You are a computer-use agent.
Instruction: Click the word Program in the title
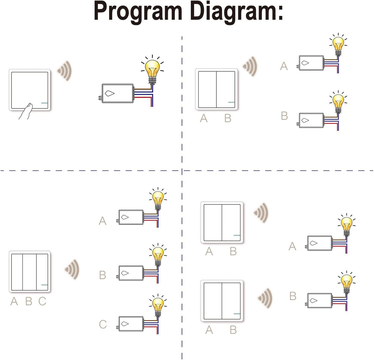pos(138,12)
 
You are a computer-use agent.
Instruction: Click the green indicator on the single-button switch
pos(45,103)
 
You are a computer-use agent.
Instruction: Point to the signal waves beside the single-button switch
pos(64,71)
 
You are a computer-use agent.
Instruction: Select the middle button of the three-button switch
pos(30,272)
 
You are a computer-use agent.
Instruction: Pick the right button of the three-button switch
pos(43,272)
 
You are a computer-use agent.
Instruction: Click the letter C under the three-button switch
pos(42,301)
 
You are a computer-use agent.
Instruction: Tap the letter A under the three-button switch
pos(14,301)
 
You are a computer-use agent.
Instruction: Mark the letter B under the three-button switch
pos(28,301)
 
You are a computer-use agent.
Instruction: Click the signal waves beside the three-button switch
pos(72,269)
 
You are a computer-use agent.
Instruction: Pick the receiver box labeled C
pos(131,323)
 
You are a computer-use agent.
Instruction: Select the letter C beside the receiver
pos(103,324)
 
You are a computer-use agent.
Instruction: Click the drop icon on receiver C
pos(125,323)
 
